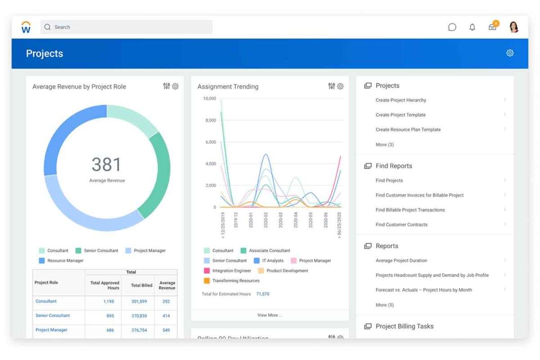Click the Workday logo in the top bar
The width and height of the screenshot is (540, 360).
[26, 27]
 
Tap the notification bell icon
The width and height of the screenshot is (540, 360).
[472, 27]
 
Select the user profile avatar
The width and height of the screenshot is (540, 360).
[513, 27]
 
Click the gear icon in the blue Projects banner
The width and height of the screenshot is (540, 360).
[510, 53]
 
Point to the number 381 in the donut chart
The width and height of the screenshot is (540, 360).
[107, 165]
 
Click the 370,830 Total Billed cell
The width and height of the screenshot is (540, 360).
[139, 316]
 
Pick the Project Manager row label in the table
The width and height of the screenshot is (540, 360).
[51, 330]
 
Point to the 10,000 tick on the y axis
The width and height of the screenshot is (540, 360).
[209, 99]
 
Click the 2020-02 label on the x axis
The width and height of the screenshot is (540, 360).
[266, 220]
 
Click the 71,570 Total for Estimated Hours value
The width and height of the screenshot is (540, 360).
[263, 294]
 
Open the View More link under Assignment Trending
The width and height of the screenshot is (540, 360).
[270, 315]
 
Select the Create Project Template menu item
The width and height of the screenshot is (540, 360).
[400, 115]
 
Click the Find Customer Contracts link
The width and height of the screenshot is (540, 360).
[401, 225]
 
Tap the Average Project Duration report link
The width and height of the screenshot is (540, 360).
[401, 261]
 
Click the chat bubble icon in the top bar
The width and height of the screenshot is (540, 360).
[452, 27]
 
